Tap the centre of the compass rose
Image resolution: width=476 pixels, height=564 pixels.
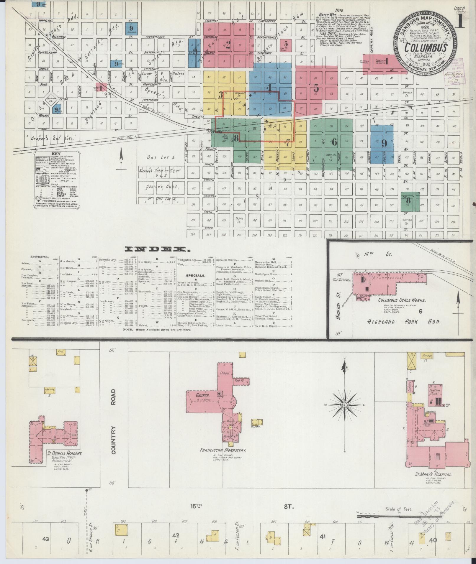tap(344, 405)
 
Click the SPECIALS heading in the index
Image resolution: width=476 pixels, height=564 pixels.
tap(195, 275)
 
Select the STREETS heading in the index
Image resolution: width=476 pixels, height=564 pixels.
tap(37, 257)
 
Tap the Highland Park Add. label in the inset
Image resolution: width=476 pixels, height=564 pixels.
tap(404, 322)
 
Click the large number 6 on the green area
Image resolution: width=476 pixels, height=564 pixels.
tap(334, 143)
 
